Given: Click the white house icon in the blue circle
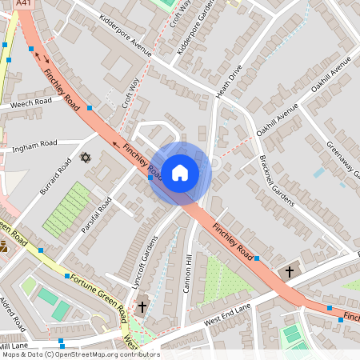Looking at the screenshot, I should (x=180, y=172).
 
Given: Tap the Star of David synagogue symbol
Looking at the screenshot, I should (x=86, y=158).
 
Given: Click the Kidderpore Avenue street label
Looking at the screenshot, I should (x=125, y=34).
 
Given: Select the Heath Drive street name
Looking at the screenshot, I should (x=228, y=83).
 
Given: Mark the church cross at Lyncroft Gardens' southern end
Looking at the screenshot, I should (x=142, y=306).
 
